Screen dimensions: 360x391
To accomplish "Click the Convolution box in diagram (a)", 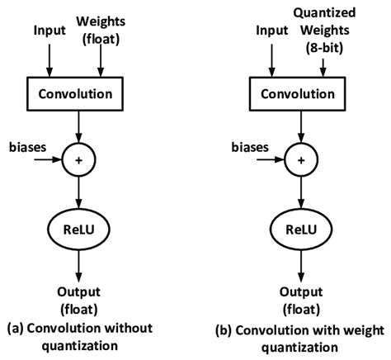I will pos(77,94).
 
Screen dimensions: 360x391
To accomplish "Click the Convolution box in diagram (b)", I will pos(299,94).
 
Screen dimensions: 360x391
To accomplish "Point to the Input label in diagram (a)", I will pos(49,31).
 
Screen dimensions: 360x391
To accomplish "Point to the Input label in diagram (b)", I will pos(272,31).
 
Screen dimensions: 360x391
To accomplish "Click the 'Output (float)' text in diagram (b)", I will pos(299,298).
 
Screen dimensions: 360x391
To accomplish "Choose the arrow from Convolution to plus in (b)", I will pos(299,128).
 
